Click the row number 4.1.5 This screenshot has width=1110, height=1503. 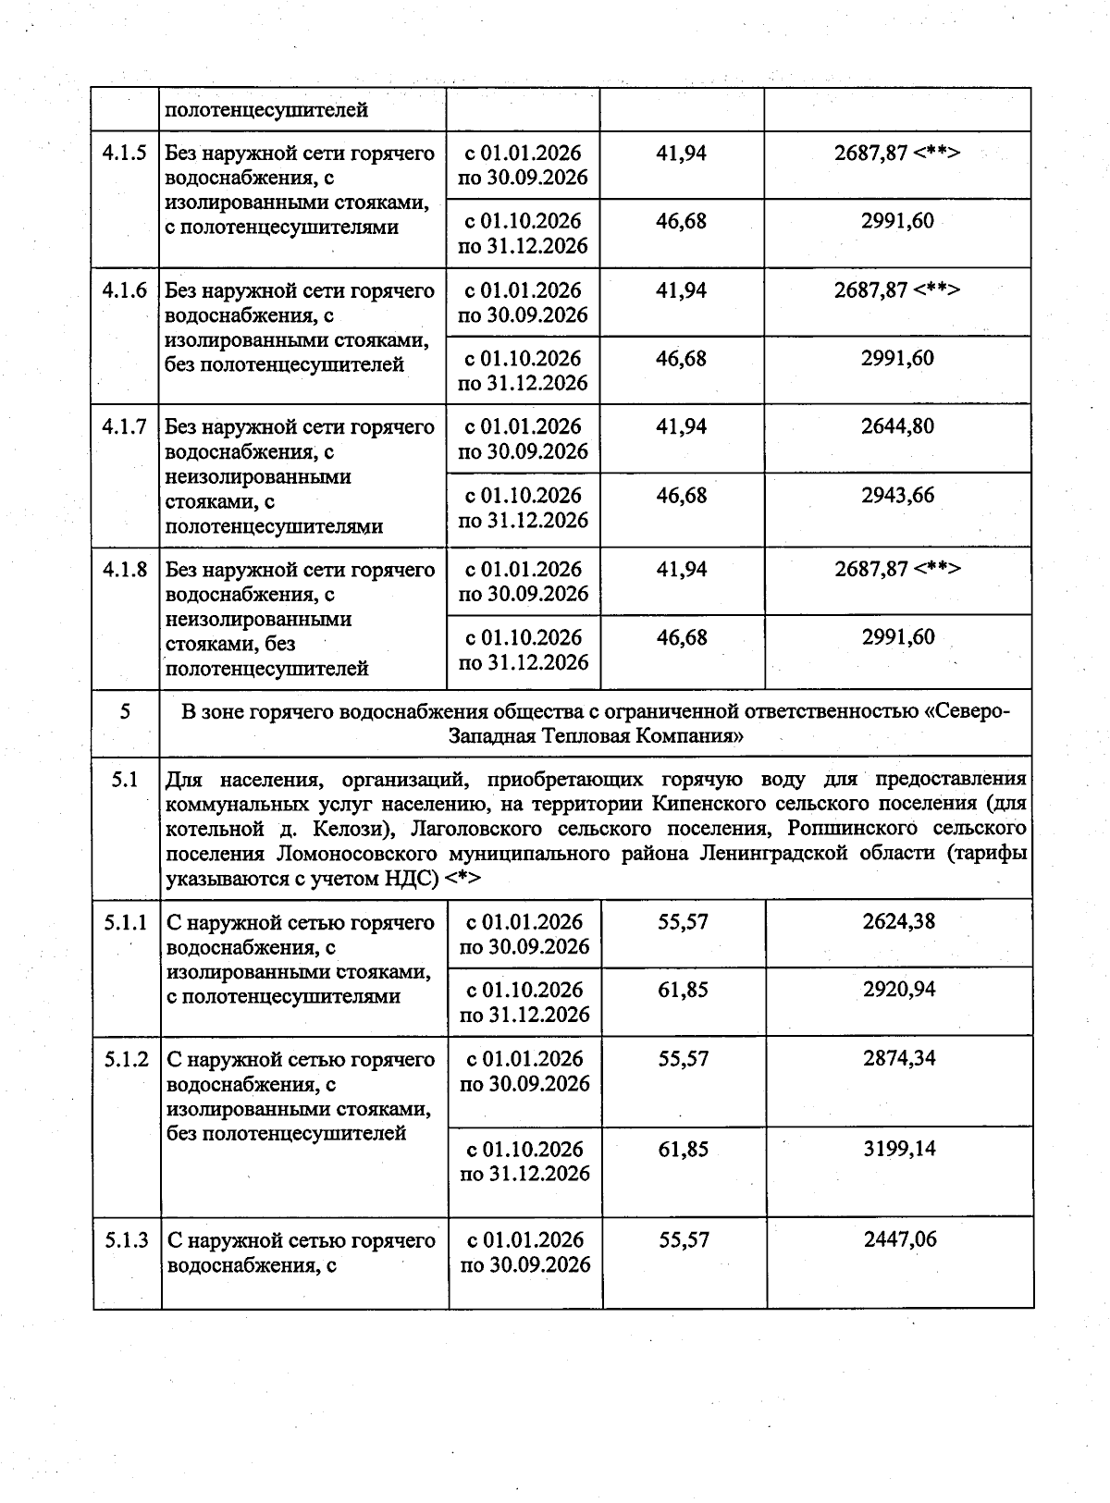[x=125, y=154]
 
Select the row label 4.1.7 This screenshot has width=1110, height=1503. [x=125, y=427]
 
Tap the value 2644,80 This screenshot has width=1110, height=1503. [x=897, y=426]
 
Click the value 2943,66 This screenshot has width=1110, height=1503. [x=897, y=495]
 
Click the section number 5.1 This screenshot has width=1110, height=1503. [x=125, y=780]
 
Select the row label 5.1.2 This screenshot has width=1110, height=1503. [x=127, y=1059]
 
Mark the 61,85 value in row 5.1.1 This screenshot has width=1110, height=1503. [x=683, y=990]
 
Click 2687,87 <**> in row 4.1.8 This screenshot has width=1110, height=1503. [x=897, y=569]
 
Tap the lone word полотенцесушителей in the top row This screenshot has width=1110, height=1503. [x=266, y=110]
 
